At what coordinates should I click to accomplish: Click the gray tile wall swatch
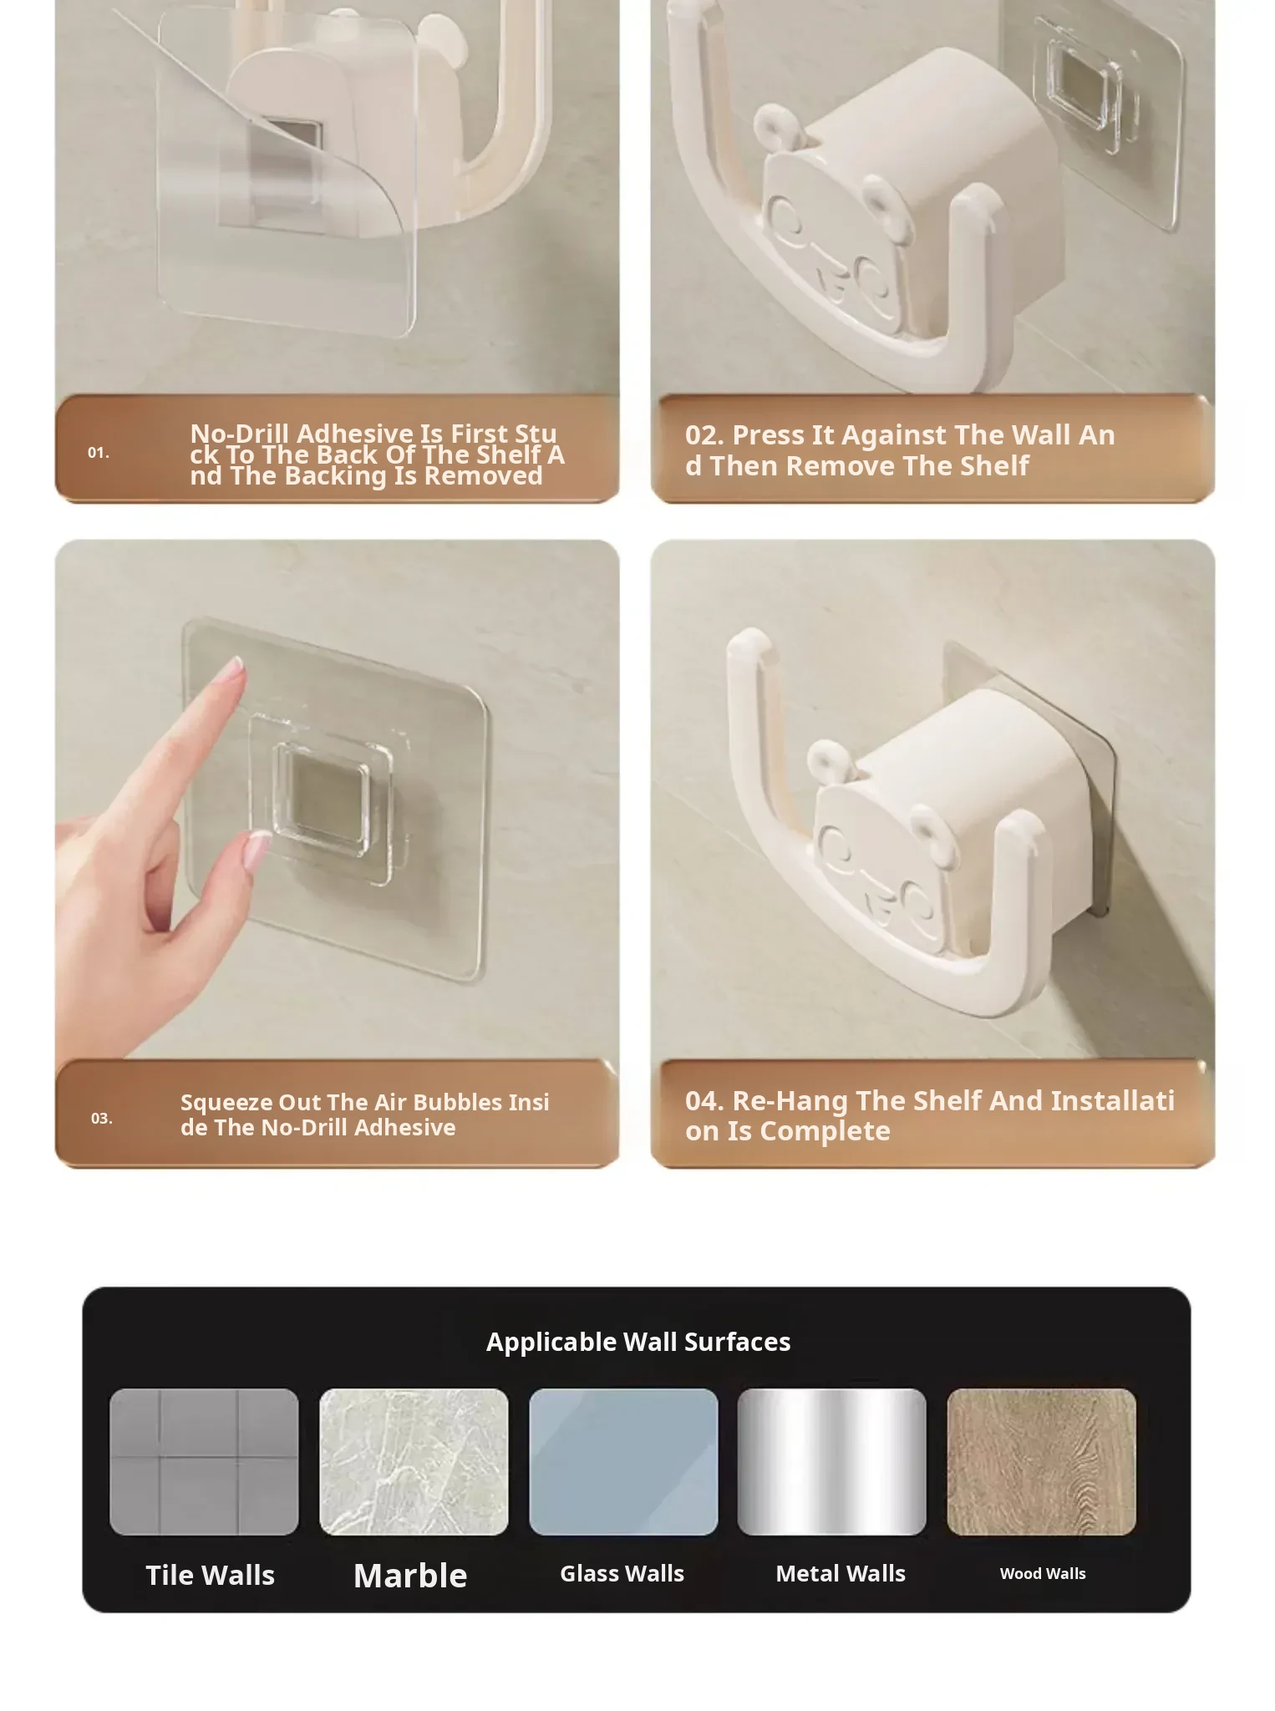point(204,1461)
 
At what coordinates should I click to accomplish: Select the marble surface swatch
point(414,1461)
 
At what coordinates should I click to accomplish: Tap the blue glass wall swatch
point(623,1461)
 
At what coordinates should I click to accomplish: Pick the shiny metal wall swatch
point(832,1461)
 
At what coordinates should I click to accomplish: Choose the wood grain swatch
point(1042,1461)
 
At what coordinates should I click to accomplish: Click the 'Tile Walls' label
point(210,1575)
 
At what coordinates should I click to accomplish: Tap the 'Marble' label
point(410,1576)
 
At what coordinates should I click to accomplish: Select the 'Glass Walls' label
point(622,1573)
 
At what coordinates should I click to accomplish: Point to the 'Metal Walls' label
point(841,1573)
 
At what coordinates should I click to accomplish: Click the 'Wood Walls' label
point(1043,1573)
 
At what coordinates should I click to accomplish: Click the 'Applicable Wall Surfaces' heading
point(638,1342)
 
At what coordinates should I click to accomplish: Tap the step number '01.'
point(99,452)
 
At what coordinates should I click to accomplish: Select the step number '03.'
point(102,1118)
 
